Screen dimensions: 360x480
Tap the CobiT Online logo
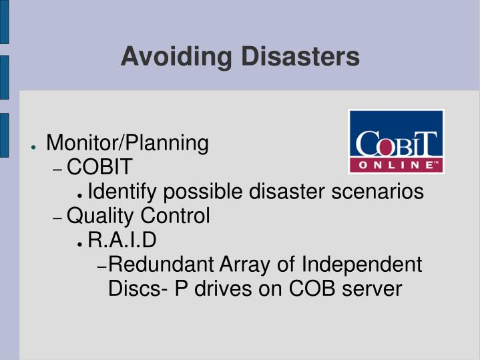pyautogui.click(x=396, y=142)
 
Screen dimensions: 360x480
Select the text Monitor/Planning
pyautogui.click(x=127, y=143)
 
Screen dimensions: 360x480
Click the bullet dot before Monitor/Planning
pyautogui.click(x=33, y=145)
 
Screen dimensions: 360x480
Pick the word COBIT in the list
pyautogui.click(x=100, y=167)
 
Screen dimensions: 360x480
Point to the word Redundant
pyautogui.click(x=160, y=264)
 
